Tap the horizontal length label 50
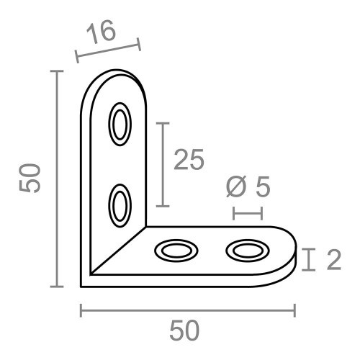(x=184, y=331)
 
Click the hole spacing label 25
(x=189, y=160)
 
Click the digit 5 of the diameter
(x=262, y=186)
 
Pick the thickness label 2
(x=333, y=260)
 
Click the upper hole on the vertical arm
(x=120, y=124)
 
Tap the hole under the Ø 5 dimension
(x=246, y=251)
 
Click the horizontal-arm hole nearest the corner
(x=176, y=251)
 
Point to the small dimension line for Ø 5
(x=247, y=213)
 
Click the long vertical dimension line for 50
(x=57, y=179)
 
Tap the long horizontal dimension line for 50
(x=187, y=310)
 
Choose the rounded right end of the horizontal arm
(x=291, y=248)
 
